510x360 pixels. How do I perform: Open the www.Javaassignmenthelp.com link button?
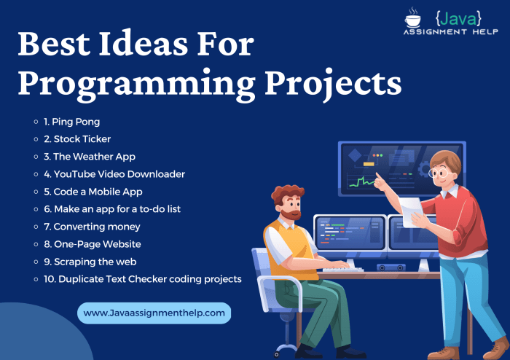pos(154,313)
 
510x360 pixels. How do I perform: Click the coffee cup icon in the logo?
pos(412,17)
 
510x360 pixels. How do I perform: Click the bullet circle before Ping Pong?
pos(36,121)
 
